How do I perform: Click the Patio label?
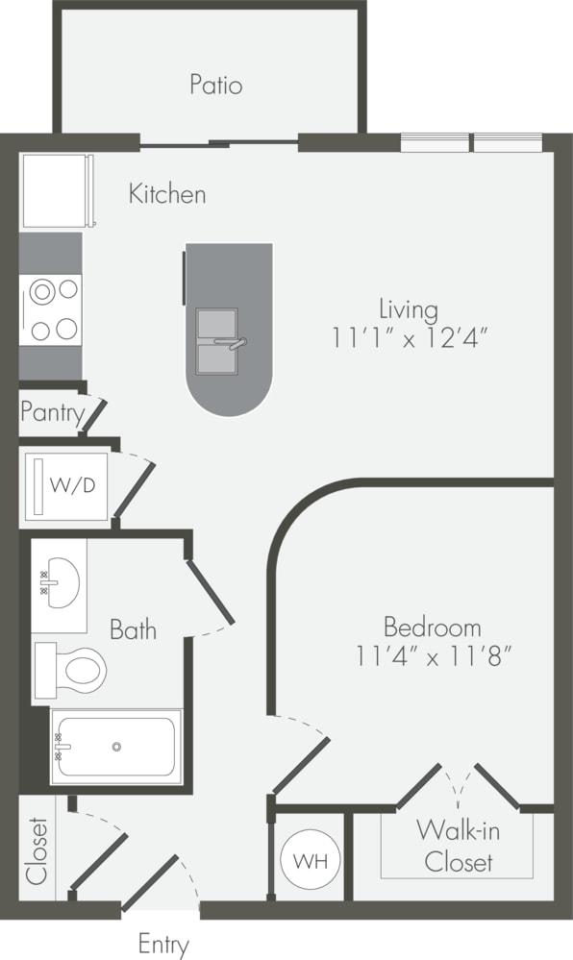tap(215, 85)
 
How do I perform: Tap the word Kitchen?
tap(167, 194)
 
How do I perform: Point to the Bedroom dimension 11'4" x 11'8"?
tap(432, 658)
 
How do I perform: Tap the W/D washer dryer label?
tap(73, 485)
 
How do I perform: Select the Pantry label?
tap(51, 414)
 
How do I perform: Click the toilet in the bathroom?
tap(75, 669)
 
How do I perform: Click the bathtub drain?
tap(116, 747)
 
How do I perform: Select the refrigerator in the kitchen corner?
tap(55, 190)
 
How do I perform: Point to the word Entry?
tap(163, 944)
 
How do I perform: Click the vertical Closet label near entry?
tap(37, 849)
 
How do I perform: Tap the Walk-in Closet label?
tap(459, 846)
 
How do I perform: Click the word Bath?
tap(133, 630)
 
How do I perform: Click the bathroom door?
tap(211, 590)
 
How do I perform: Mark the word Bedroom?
tap(432, 628)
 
